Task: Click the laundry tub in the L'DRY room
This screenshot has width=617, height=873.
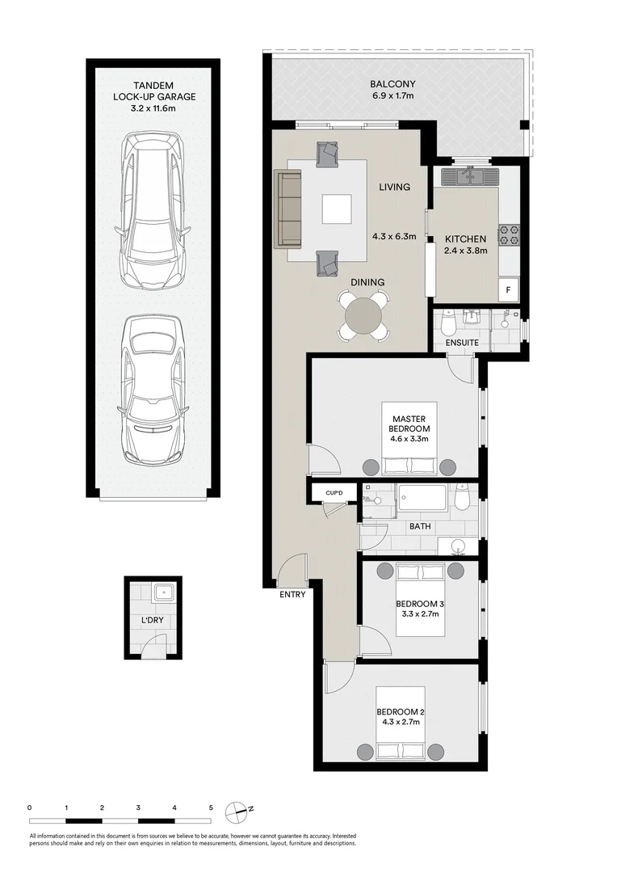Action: click(x=166, y=593)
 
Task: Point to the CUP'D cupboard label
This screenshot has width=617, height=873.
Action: click(x=334, y=491)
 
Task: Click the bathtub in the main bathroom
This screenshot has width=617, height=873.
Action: click(x=420, y=497)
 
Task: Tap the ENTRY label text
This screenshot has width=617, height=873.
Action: click(x=292, y=595)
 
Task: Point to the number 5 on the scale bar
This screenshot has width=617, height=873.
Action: click(x=211, y=808)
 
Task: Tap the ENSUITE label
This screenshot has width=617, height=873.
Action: click(x=463, y=343)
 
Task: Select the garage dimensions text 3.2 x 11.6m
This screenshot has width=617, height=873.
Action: click(x=153, y=108)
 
